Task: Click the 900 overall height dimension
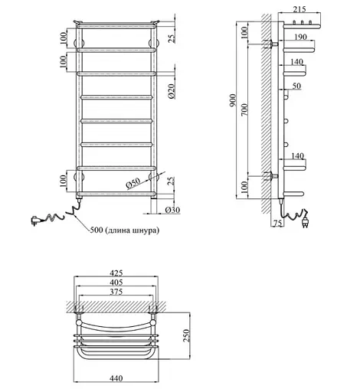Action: [x=233, y=100]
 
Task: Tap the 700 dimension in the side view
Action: [x=244, y=109]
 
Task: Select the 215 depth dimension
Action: [x=299, y=9]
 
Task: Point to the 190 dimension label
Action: [x=300, y=37]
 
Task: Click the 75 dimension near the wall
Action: [x=277, y=223]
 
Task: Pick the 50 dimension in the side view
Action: [x=296, y=86]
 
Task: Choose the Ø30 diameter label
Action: [x=172, y=210]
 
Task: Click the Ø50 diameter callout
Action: [x=133, y=183]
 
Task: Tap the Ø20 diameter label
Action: [x=172, y=92]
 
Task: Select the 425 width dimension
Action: [x=116, y=273]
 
